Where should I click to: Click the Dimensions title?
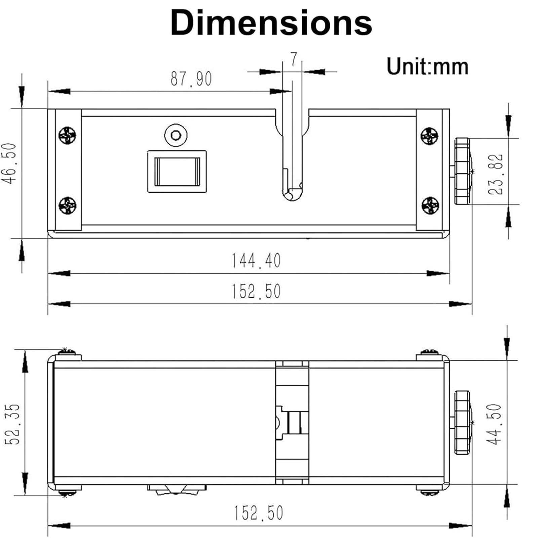[271, 23]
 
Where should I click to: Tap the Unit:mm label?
[427, 66]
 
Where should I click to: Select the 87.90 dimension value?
[191, 79]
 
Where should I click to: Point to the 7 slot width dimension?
[294, 60]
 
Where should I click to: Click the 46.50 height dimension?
[9, 163]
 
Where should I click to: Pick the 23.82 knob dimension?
[496, 174]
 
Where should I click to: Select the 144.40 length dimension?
[256, 261]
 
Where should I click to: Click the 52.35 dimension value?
[13, 424]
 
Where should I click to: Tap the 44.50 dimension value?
[494, 424]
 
